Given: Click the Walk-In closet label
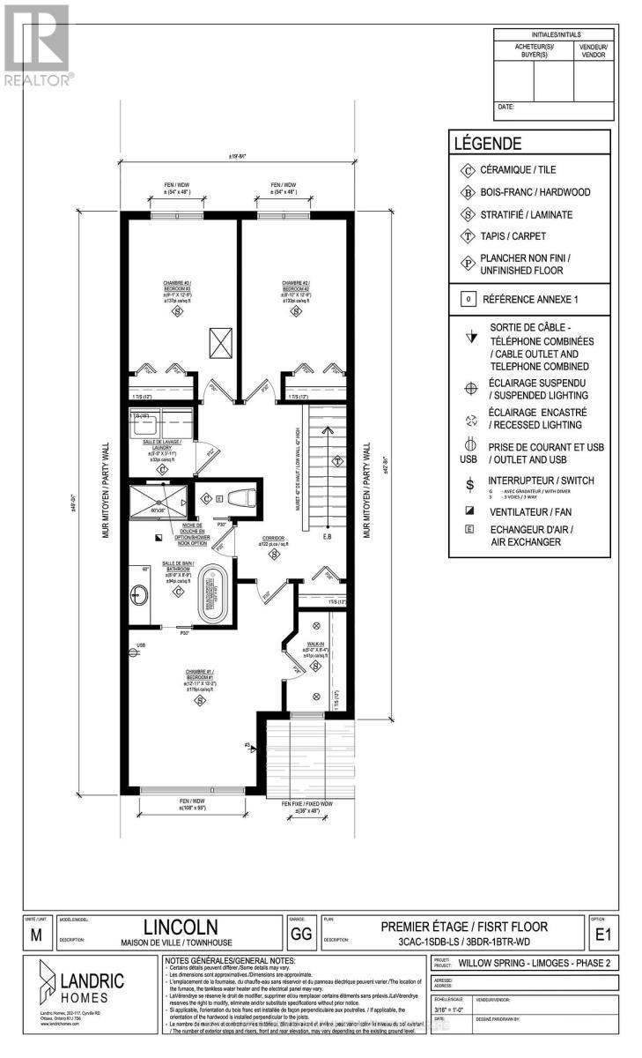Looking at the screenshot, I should click(314, 649).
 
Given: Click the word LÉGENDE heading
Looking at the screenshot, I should click(487, 144).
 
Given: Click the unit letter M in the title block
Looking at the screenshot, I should click(33, 936).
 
